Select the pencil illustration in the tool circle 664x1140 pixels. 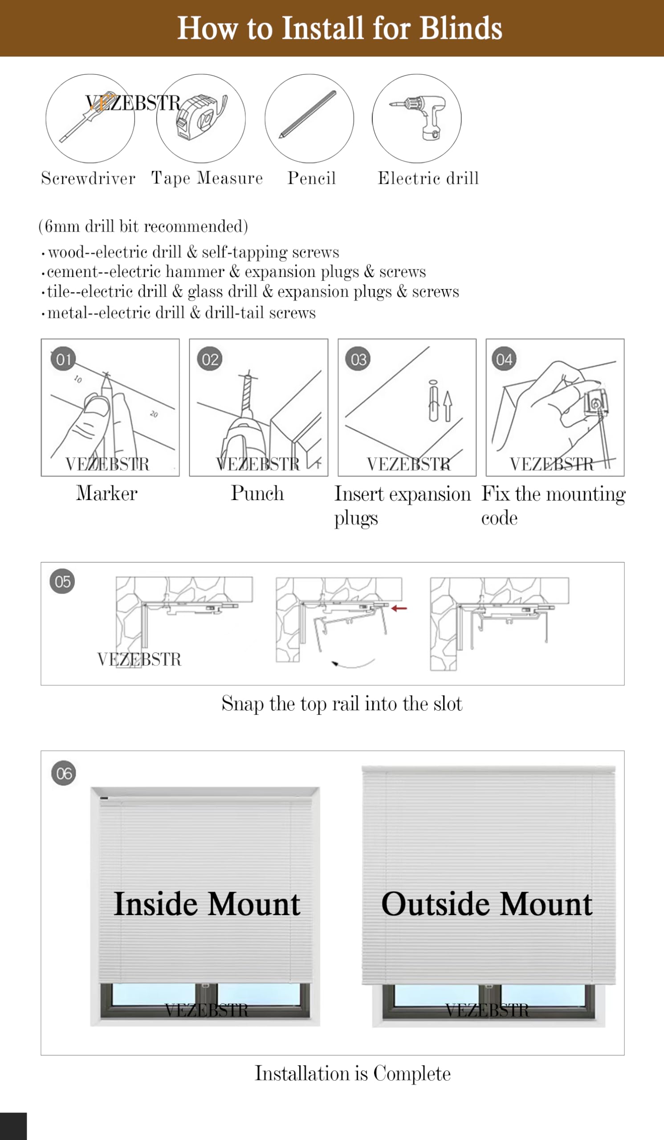point(308,114)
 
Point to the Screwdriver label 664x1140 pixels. point(88,178)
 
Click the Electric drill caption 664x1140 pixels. point(428,178)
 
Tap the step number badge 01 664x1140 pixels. point(63,359)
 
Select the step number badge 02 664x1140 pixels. point(209,359)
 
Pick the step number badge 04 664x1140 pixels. point(504,359)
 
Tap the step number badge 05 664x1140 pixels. point(62,581)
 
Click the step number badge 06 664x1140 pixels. point(63,773)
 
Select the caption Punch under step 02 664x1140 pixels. point(257,493)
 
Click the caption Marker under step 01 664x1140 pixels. point(106,493)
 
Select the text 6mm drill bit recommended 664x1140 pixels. point(143,226)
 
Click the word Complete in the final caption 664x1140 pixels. point(411,1074)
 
